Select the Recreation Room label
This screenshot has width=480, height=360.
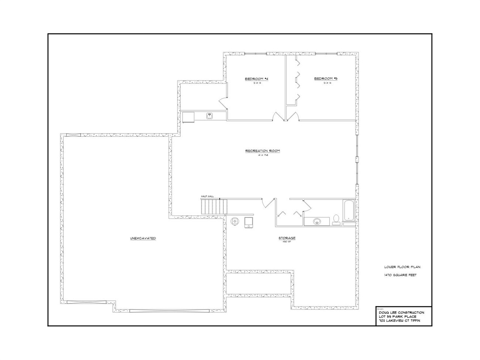pyautogui.click(x=262, y=151)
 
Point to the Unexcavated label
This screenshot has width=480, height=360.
pyautogui.click(x=143, y=238)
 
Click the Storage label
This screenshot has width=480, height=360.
pyautogui.click(x=287, y=238)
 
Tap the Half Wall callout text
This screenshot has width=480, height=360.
pyautogui.click(x=207, y=196)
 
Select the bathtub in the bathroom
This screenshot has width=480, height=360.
pyautogui.click(x=348, y=211)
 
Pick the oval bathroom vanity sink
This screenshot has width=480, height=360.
pyautogui.click(x=317, y=221)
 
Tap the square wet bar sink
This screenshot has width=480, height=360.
pyautogui.click(x=210, y=116)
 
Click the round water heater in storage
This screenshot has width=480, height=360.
pyautogui.click(x=234, y=221)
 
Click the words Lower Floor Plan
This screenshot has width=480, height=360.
pyautogui.click(x=402, y=267)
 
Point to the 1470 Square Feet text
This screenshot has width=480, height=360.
pyautogui.click(x=400, y=275)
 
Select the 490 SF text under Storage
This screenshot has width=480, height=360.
pyautogui.click(x=287, y=242)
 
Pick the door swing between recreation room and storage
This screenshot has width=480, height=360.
pyautogui.click(x=268, y=202)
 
